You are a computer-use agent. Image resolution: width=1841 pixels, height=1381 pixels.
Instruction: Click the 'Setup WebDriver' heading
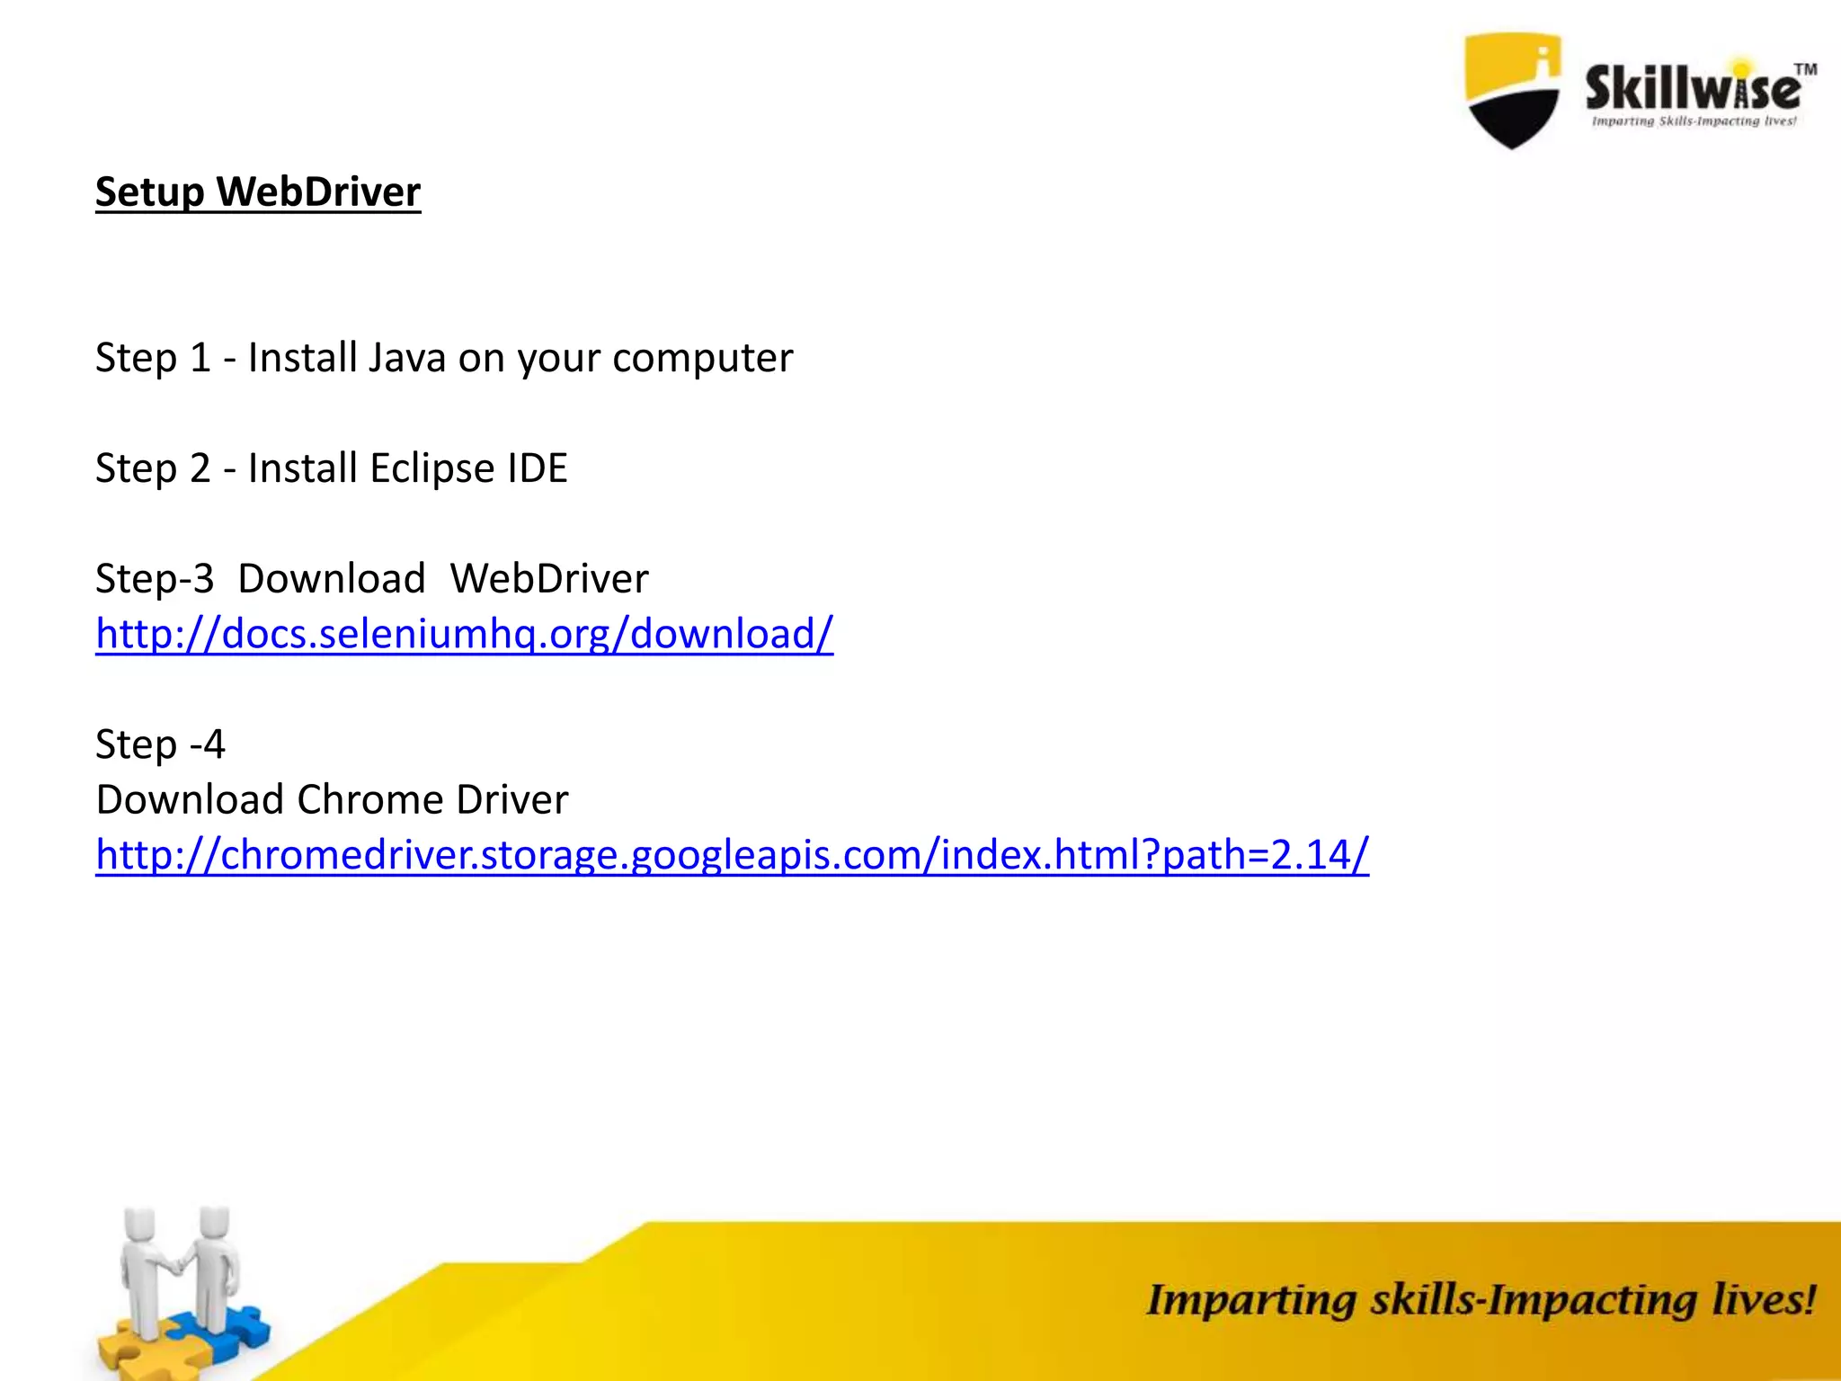(258, 192)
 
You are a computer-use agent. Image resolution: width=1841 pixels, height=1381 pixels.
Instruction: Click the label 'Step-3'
(155, 579)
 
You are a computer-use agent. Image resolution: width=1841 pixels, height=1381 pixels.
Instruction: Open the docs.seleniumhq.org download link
(464, 634)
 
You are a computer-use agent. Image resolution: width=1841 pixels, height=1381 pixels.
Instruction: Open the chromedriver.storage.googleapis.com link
(732, 855)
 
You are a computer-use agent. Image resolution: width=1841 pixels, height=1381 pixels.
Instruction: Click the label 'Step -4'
(160, 744)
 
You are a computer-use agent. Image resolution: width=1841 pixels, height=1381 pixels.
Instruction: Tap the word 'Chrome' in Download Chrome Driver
(369, 799)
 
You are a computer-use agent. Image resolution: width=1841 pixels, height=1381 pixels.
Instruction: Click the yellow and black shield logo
(1513, 90)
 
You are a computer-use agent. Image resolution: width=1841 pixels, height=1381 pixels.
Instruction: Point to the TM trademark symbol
(1805, 69)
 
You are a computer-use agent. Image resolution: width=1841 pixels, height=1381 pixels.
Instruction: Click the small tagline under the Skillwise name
(1694, 121)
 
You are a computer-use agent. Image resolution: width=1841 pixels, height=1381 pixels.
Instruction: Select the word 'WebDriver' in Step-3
(548, 579)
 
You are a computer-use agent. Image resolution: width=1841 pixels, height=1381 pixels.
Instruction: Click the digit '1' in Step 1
(200, 358)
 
